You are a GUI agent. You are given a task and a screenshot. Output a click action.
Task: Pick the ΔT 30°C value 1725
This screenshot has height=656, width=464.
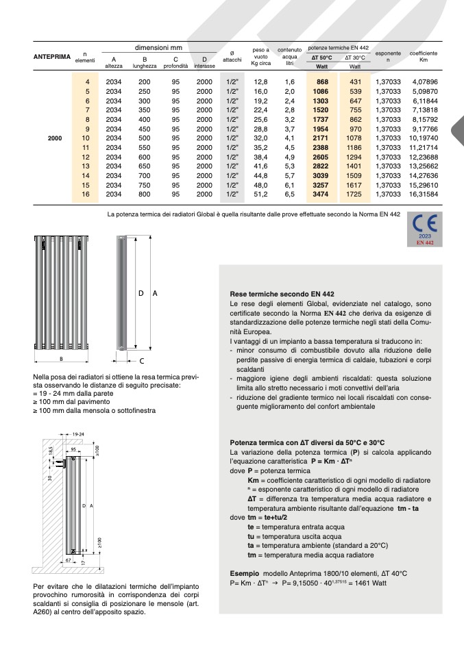coord(355,194)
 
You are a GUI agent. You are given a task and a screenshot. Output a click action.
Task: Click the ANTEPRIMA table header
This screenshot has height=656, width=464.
coord(52,56)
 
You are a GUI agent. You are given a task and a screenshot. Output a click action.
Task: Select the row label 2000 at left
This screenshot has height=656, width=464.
coord(56,138)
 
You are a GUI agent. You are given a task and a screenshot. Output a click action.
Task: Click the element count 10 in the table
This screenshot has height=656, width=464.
coord(86,138)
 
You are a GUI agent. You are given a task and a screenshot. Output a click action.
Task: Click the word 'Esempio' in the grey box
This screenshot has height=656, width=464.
coord(245,572)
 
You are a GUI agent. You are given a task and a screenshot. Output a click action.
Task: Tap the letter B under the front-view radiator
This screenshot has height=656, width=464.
coord(61,359)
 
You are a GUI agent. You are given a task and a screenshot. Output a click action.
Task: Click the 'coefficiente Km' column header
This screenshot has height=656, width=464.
coord(424,56)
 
